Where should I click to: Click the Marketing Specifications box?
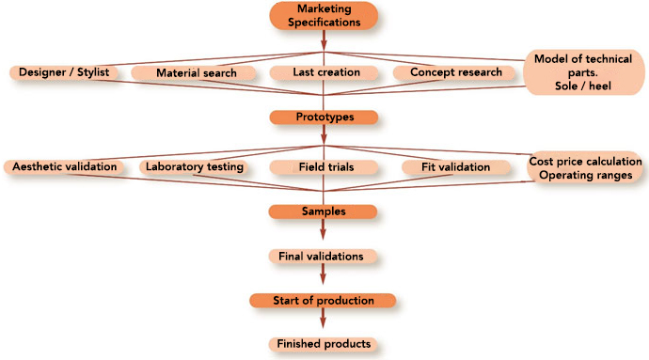coord(324,16)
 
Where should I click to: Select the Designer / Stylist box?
coord(64,72)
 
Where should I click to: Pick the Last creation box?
coord(324,72)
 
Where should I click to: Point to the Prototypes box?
coord(324,117)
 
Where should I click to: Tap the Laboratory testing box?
coord(195,167)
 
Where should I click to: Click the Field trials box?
coord(324,167)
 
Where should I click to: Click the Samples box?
coord(324,211)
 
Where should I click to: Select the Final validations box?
coord(324,256)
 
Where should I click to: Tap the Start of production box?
coord(324,301)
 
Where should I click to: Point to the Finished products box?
coord(324,344)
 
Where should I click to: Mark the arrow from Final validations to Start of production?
coord(324,278)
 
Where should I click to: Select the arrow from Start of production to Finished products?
coord(324,322)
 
